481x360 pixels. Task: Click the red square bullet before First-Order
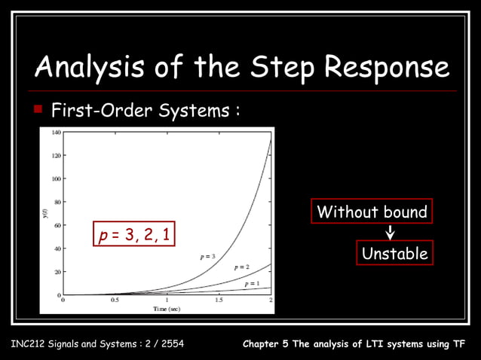click(x=38, y=111)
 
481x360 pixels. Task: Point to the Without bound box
click(x=372, y=212)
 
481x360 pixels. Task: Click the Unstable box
click(x=394, y=254)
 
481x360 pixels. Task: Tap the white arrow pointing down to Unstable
click(x=391, y=233)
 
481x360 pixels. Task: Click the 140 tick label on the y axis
click(x=57, y=132)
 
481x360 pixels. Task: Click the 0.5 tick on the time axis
click(x=115, y=300)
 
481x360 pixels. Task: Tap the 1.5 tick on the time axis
click(x=219, y=300)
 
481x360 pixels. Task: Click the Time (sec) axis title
click(x=167, y=308)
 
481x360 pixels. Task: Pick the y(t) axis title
click(x=46, y=213)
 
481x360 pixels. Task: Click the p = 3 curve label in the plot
click(x=208, y=257)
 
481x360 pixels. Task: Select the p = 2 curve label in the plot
click(x=241, y=267)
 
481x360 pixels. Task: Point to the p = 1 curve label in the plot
click(x=252, y=283)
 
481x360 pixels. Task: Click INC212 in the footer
click(x=29, y=345)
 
